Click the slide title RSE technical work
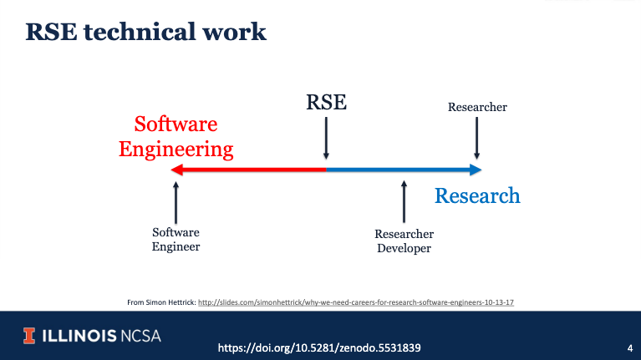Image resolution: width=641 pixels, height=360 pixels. point(146,32)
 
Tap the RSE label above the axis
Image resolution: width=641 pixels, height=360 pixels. point(326,102)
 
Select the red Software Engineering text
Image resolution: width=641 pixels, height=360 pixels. point(176,137)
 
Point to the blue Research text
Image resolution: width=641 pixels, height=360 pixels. point(477,195)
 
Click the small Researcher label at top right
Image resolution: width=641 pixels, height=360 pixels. point(477,107)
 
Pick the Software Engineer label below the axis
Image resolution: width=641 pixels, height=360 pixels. point(176,240)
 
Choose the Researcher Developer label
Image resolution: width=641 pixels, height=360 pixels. point(404,241)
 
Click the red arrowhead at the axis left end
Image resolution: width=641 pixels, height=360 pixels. point(176,170)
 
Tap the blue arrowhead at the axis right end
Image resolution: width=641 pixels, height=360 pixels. point(476,170)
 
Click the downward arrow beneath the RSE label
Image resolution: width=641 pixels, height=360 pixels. point(326,138)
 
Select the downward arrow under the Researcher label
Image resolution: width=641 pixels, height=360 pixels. point(476,138)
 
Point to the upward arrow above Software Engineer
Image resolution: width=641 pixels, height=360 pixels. point(176,203)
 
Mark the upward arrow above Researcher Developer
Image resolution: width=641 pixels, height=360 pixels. point(404,201)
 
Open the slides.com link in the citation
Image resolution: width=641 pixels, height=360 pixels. point(356,302)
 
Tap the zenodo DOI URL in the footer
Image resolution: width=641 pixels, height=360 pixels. point(319,347)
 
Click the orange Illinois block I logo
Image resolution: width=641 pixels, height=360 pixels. point(29,336)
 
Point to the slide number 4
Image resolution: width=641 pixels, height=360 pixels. point(630,348)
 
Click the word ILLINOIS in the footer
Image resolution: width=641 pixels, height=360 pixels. point(79,336)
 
